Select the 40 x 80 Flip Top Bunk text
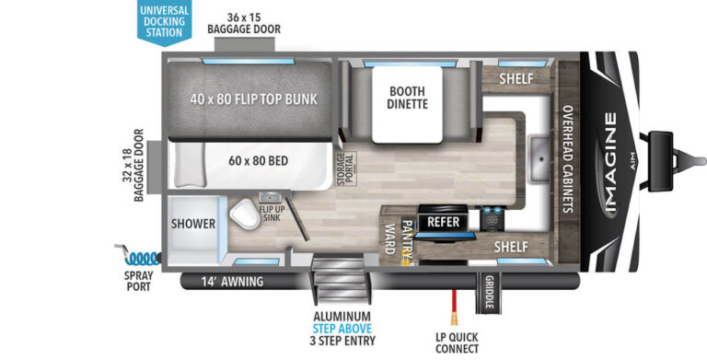pyautogui.click(x=249, y=99)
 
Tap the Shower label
pyautogui.click(x=193, y=224)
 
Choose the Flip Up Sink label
pyautogui.click(x=270, y=213)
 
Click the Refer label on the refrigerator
pyautogui.click(x=443, y=222)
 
